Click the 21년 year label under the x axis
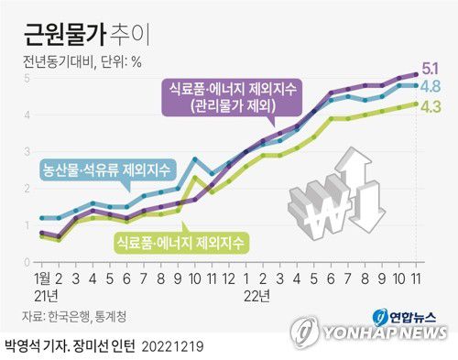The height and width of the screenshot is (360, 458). tap(46, 294)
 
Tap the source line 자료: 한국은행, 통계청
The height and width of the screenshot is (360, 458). tap(82, 316)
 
